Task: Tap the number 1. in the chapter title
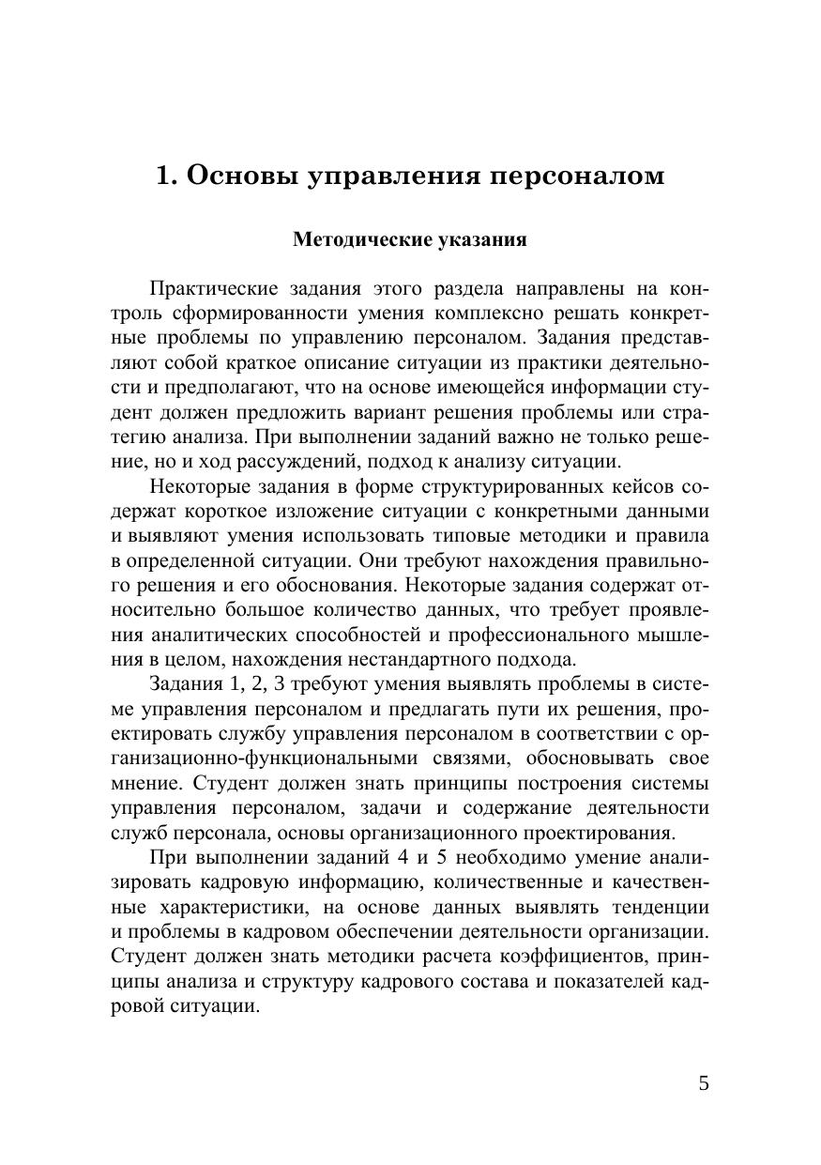(166, 176)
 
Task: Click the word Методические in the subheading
(362, 239)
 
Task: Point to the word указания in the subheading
(482, 239)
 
